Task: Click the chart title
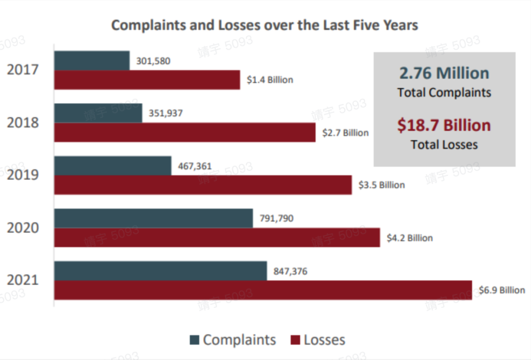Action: pos(265,25)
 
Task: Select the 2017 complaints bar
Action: pos(92,60)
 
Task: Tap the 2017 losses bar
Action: pos(147,80)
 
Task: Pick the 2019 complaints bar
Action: pos(113,166)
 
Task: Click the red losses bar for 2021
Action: pos(263,290)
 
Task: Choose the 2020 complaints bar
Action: pos(153,218)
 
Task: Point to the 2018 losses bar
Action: pos(185,132)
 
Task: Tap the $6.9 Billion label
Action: pos(502,290)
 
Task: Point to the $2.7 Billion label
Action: pos(346,133)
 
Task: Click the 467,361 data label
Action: pos(195,166)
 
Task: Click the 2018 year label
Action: pos(23,122)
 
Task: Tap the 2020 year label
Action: pos(23,228)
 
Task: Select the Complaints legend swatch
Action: pos(195,340)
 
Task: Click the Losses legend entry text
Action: pos(324,340)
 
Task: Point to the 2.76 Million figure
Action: pos(444,73)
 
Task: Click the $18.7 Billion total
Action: pos(444,125)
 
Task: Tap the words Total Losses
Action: pos(444,145)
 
